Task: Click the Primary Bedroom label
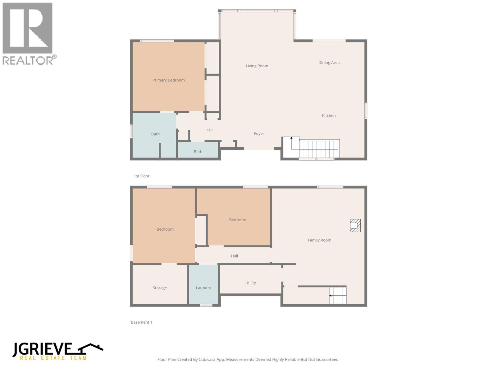click(168, 80)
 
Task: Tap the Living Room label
click(257, 66)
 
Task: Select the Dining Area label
click(329, 63)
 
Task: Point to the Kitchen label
click(329, 116)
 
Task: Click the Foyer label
click(259, 134)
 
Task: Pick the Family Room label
click(319, 240)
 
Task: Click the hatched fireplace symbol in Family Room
click(355, 225)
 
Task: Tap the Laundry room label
click(203, 288)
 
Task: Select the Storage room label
click(160, 288)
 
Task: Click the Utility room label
click(250, 283)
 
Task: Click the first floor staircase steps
click(318, 149)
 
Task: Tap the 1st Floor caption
click(142, 176)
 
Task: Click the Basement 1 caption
click(141, 322)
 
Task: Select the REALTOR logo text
click(28, 60)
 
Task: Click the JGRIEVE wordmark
click(42, 349)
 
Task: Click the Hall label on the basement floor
click(234, 256)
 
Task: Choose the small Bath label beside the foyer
click(198, 152)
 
